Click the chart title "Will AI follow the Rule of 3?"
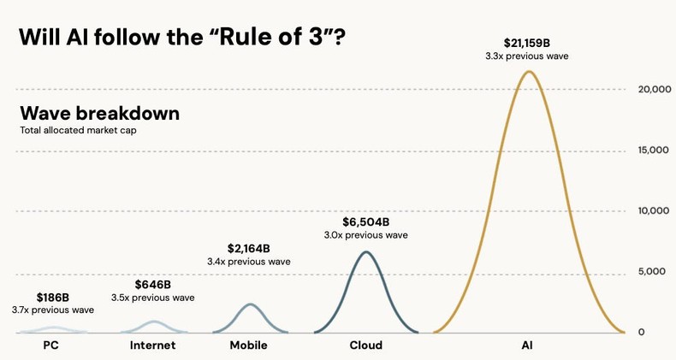point(181,38)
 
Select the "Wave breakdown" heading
point(99,114)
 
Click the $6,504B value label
point(365,220)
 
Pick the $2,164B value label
point(249,247)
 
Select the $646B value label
point(153,284)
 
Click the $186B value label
point(52,297)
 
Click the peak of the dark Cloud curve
point(365,252)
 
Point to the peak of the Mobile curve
point(249,304)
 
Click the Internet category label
point(152,345)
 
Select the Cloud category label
point(365,345)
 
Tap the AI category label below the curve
point(527,345)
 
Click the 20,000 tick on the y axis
point(654,89)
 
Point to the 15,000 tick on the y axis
point(654,150)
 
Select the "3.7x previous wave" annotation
point(52,310)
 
